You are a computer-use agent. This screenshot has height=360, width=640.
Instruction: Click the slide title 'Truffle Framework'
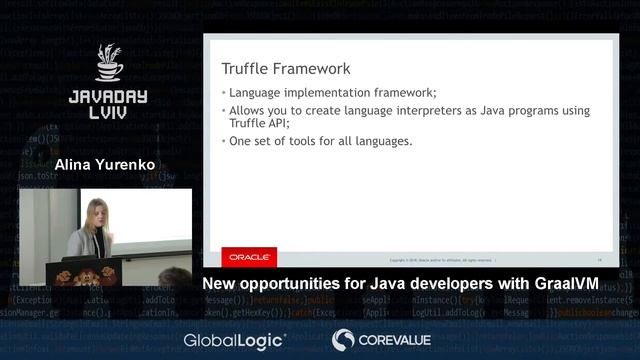coord(286,69)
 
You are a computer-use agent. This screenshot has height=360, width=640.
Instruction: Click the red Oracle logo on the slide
coord(249,257)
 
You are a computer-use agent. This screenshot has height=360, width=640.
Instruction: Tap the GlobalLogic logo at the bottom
coord(234,340)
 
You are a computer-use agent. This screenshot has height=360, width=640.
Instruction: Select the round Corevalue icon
coord(343,340)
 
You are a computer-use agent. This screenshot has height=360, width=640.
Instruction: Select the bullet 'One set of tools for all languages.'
coord(321,141)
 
